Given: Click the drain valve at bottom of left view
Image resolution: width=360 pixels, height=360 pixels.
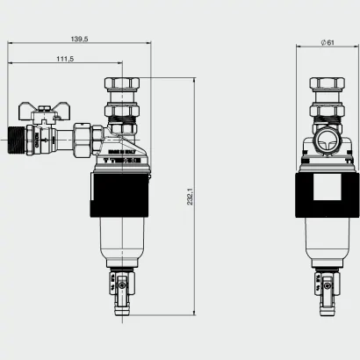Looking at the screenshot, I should tap(119, 285).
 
